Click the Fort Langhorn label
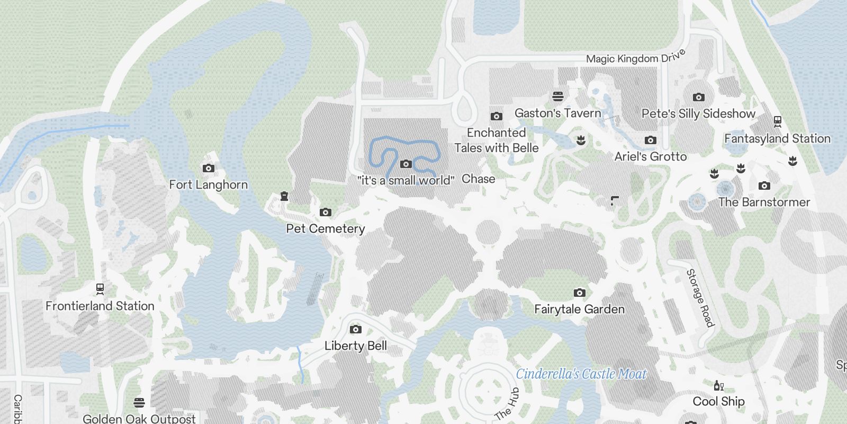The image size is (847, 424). [x=208, y=184]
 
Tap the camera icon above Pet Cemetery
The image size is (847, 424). [x=326, y=213]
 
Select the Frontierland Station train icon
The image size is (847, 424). [x=100, y=289]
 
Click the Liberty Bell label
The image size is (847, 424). [x=355, y=346]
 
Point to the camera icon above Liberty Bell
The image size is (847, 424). [x=356, y=330]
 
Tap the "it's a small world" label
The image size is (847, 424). [x=406, y=180]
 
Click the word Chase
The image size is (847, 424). [x=478, y=179]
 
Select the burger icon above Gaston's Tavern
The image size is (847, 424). [x=557, y=96]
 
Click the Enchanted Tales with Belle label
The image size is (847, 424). [x=496, y=140]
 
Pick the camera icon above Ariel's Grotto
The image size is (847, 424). [x=651, y=140]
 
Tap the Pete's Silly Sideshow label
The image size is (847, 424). [x=698, y=113]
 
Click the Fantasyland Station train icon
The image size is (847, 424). [x=777, y=121]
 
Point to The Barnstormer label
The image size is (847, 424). [x=764, y=202]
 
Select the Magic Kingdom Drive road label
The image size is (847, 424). [x=636, y=57]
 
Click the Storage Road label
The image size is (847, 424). [x=700, y=298]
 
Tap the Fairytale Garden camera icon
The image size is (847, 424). [x=580, y=293]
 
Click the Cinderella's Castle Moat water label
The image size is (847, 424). [x=581, y=374]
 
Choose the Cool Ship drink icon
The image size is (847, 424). [x=718, y=386]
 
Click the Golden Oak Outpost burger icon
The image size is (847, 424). [x=139, y=402]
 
